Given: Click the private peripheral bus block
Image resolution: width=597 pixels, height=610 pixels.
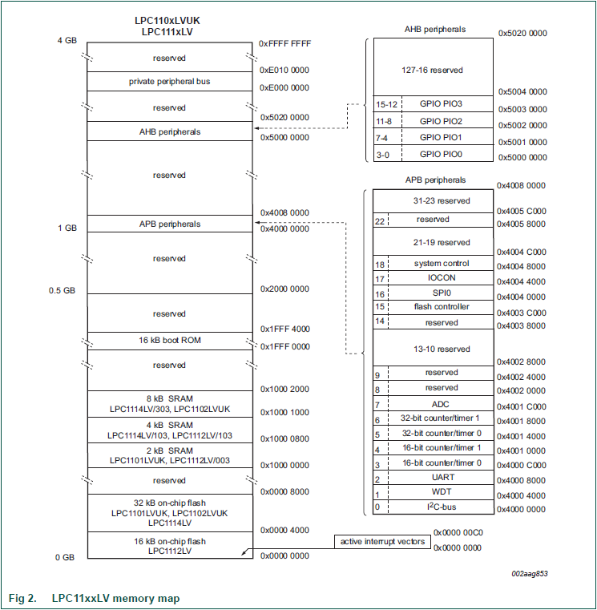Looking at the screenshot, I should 169,82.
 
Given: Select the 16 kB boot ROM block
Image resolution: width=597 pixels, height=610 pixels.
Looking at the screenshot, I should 169,341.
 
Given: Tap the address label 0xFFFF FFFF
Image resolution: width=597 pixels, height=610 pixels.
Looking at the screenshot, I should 284,44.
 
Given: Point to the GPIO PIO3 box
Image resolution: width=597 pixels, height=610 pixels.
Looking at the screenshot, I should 441,104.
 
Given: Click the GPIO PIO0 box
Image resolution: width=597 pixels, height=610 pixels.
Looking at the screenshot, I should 441,154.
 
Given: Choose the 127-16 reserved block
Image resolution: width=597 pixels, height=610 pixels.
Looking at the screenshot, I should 433,70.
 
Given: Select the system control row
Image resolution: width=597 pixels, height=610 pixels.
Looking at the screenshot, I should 441,264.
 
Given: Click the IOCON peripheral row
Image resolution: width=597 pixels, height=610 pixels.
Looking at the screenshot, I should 441,278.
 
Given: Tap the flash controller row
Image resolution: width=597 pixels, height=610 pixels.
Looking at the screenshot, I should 441,307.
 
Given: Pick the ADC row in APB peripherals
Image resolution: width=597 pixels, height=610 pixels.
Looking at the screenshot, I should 441,405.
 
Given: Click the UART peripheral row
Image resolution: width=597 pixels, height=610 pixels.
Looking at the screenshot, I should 441,477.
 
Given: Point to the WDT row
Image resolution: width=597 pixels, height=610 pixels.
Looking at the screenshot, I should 441,491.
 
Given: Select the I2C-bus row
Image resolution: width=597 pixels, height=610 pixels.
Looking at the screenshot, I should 441,507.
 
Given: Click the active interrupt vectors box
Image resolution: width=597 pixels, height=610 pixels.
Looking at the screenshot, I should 382,543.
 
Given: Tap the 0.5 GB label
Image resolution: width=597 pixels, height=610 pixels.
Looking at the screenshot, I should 63,291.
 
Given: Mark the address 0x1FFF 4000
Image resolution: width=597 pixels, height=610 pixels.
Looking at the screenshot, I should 284,329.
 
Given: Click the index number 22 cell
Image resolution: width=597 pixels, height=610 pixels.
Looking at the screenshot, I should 381,220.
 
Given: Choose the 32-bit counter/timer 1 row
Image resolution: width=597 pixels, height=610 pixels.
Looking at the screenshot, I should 441,419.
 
